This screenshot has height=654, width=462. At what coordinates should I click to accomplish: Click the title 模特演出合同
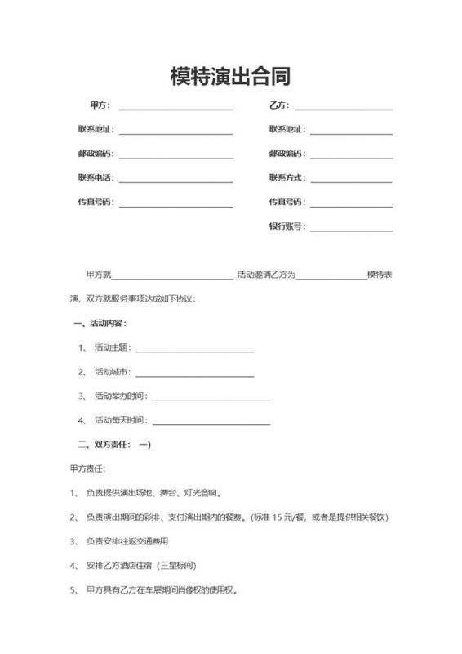coord(230,77)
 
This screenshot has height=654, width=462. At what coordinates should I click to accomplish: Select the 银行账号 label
coord(286,226)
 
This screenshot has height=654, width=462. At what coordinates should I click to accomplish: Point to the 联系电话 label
coord(95,177)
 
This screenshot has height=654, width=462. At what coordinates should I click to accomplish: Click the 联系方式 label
coord(286,177)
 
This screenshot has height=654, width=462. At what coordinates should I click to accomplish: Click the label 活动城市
coord(112,372)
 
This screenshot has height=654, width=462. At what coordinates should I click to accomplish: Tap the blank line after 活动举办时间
coord(210,399)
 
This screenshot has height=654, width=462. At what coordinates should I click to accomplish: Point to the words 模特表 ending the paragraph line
coord(380,275)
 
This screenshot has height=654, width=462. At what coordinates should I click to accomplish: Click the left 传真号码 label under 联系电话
coord(95,202)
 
